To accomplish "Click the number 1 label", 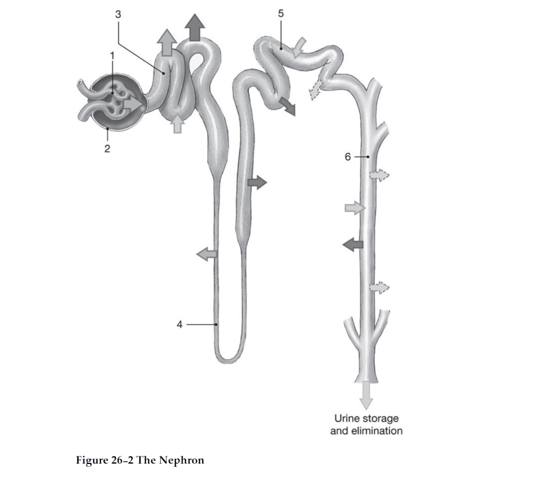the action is coord(112,56).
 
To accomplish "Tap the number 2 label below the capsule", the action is coord(107,149).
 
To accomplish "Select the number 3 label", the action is coord(118,15).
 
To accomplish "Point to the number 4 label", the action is coord(179,325).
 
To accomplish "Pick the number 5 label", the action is coord(281,14).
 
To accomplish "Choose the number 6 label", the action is coord(348,157).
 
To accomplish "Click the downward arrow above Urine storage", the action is coord(366,395).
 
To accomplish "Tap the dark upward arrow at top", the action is coord(195,27).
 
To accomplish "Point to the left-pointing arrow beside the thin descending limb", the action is coord(207,254).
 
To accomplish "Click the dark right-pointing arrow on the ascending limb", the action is coord(257,182).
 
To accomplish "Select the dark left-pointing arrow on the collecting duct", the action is coord(353,244).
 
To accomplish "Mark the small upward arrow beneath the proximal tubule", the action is coord(177,124).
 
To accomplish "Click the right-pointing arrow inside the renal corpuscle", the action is coord(133,104).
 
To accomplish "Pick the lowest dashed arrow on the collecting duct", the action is coord(379,288).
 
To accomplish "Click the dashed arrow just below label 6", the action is coord(379,175).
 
